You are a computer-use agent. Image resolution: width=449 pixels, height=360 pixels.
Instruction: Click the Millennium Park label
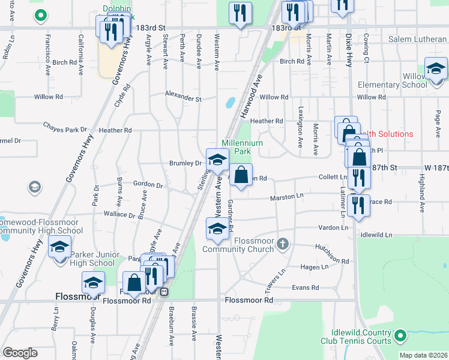tap(242, 148)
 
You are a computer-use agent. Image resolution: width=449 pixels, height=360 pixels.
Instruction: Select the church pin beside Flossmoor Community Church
tap(283, 244)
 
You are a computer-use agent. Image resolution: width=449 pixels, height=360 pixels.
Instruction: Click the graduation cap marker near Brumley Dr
tap(217, 160)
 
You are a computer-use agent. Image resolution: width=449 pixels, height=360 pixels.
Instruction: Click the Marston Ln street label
tap(287, 196)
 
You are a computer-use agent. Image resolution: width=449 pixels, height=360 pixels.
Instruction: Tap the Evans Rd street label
tap(306, 288)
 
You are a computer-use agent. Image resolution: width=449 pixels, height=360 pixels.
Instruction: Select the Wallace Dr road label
tap(119, 214)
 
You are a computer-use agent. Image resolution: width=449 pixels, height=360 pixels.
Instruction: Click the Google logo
tap(20, 352)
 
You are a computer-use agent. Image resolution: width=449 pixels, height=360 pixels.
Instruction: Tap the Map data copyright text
tap(423, 355)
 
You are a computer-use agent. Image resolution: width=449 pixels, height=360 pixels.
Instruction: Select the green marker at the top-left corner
tap(40, 14)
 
